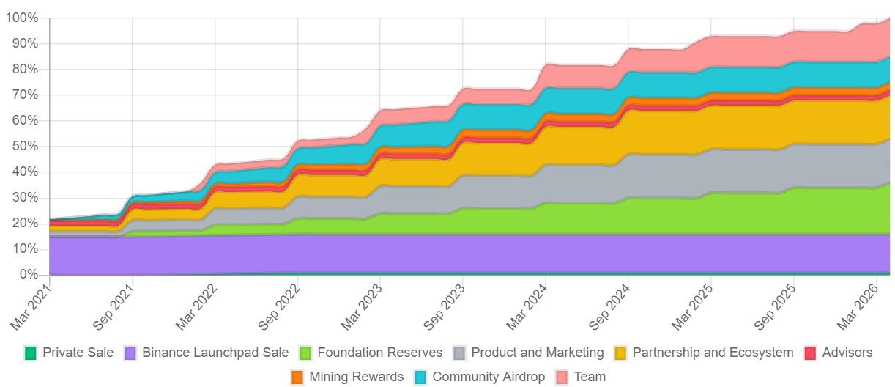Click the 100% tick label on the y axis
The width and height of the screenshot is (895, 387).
pyautogui.click(x=22, y=18)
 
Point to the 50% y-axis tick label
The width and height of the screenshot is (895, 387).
pyautogui.click(x=25, y=147)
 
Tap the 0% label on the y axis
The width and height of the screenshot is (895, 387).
pyautogui.click(x=29, y=275)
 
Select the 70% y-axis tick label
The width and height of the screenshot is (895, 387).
pyautogui.click(x=25, y=95)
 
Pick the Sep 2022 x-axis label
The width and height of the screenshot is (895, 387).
pyautogui.click(x=279, y=307)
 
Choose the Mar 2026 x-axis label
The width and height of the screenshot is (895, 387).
pyautogui.click(x=858, y=307)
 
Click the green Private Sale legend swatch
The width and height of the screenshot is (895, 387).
pyautogui.click(x=30, y=353)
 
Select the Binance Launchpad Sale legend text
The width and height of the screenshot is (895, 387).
pyautogui.click(x=215, y=353)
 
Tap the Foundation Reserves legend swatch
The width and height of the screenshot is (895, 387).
pyautogui.click(x=305, y=353)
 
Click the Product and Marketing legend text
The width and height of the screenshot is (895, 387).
pyautogui.click(x=538, y=353)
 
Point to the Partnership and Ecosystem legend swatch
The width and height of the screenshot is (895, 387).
pyautogui.click(x=620, y=353)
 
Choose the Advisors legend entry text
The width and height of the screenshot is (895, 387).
pyautogui.click(x=847, y=353)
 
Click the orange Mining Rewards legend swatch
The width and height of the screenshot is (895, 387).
pyautogui.click(x=297, y=377)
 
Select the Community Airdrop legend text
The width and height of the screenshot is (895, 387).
pyautogui.click(x=489, y=377)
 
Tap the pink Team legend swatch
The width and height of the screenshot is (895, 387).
pyautogui.click(x=562, y=377)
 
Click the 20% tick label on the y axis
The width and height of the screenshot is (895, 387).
pyautogui.click(x=25, y=223)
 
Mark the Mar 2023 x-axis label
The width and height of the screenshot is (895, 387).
pyautogui.click(x=362, y=307)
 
